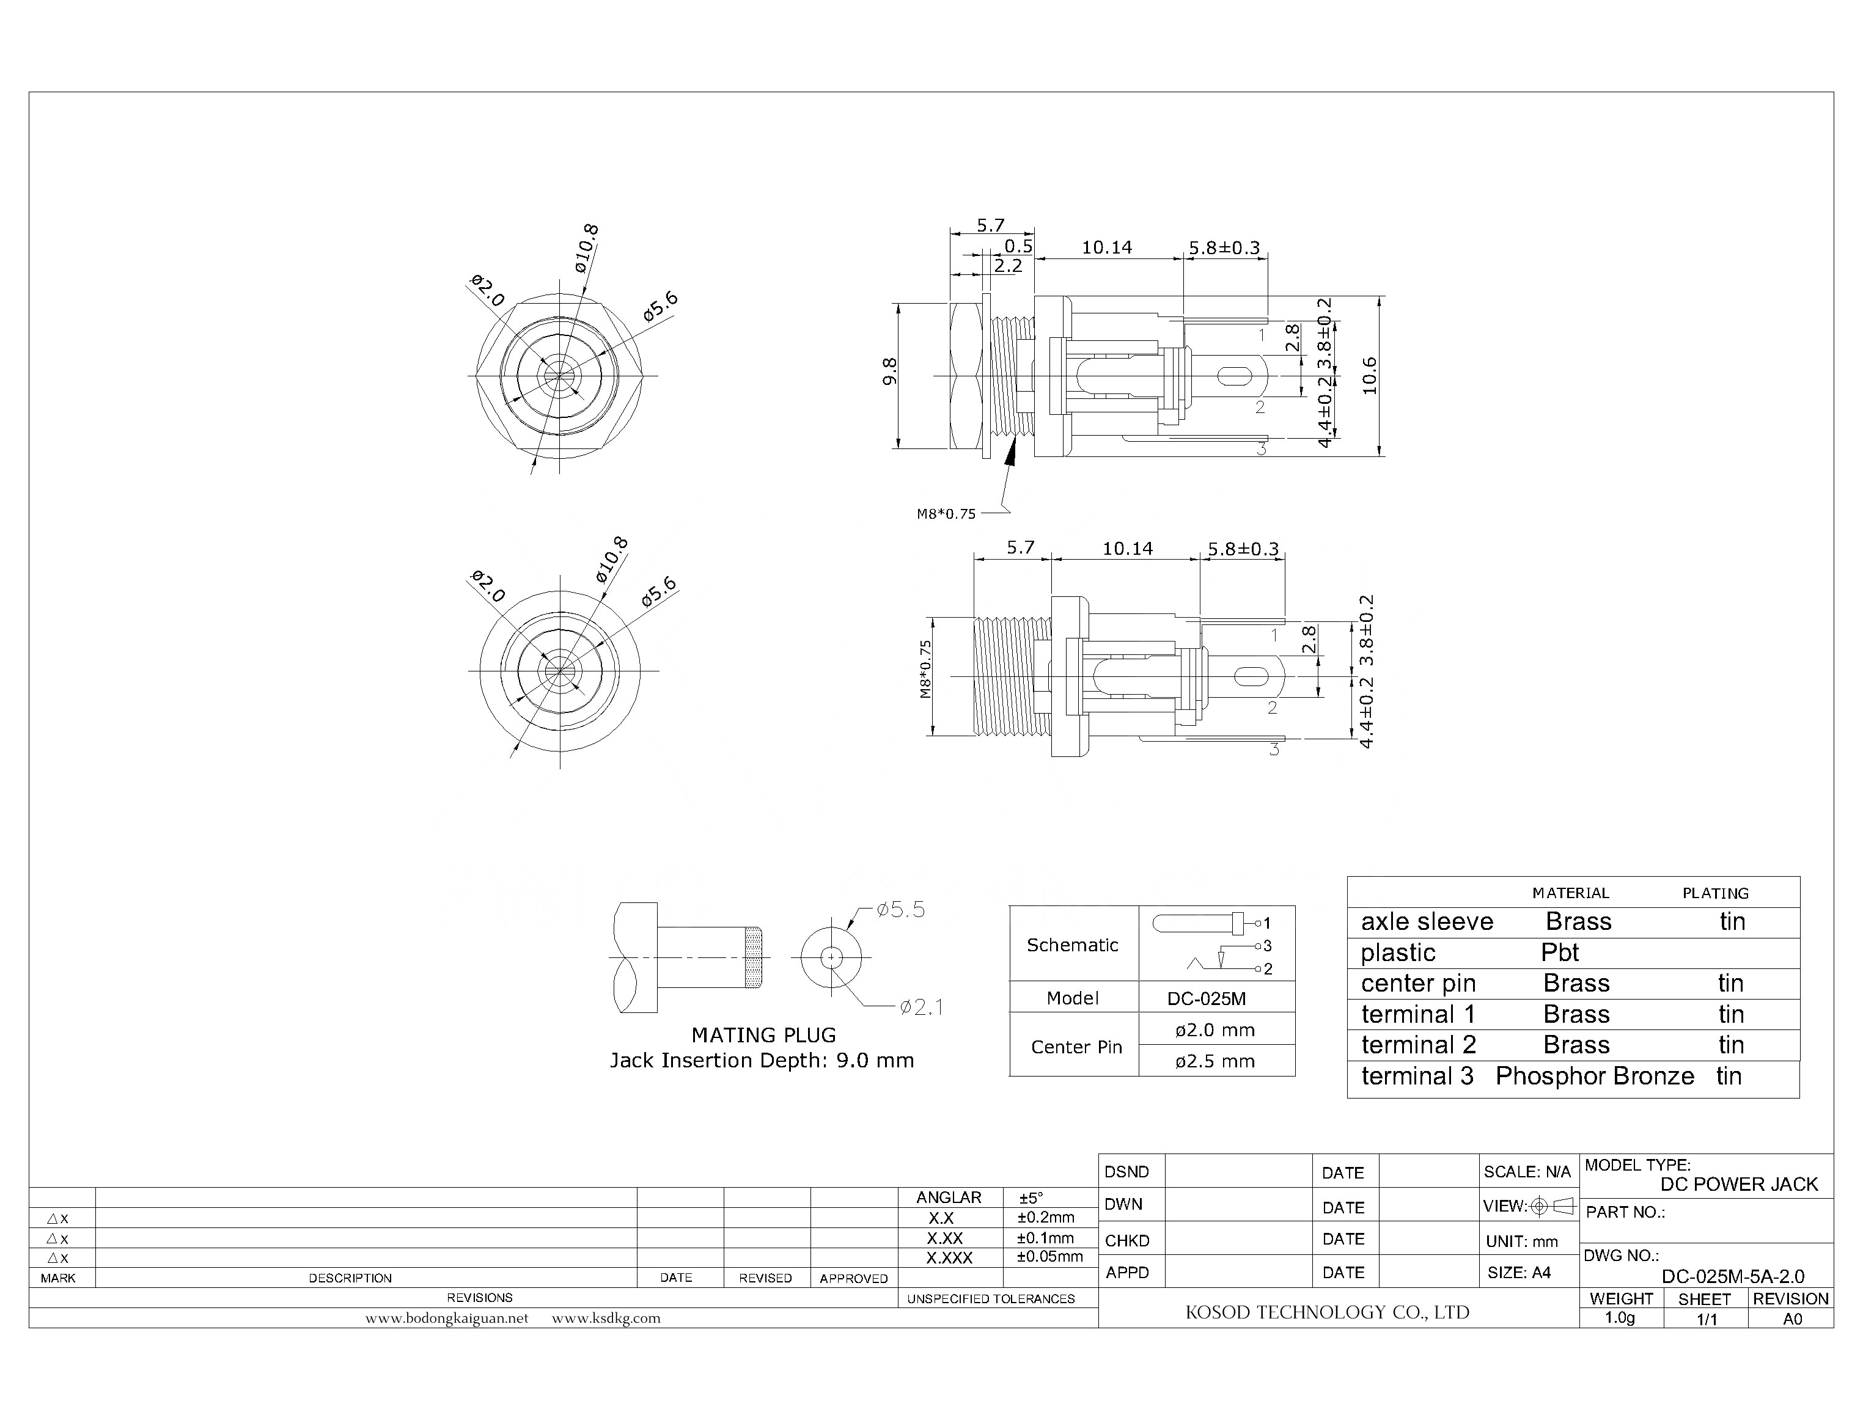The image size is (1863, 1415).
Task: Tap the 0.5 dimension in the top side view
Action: (x=1018, y=246)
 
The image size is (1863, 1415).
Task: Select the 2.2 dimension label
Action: (x=1008, y=265)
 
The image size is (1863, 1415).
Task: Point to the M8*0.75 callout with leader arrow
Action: (x=946, y=514)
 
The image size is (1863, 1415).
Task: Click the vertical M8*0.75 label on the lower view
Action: (x=926, y=670)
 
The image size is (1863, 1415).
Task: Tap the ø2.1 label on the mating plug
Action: (x=921, y=1007)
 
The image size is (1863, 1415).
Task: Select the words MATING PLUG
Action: (x=763, y=1035)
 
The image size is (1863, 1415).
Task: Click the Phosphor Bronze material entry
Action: (x=1594, y=1077)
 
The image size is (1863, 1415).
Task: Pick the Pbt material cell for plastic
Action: (x=1560, y=952)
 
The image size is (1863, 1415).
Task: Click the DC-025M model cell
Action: (x=1206, y=999)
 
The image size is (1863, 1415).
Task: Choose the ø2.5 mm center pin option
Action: (x=1214, y=1061)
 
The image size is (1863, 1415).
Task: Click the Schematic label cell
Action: (x=1072, y=945)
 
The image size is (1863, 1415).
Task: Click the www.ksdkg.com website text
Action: (x=606, y=1318)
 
